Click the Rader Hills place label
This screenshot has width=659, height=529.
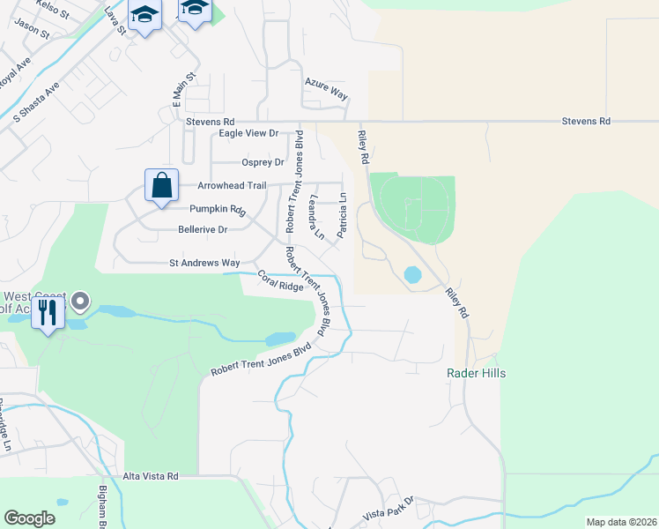coord(476,374)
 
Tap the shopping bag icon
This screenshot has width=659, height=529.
coord(161,186)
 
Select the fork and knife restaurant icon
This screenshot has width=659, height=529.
coord(48,312)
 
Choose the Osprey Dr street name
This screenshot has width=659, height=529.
coord(263,162)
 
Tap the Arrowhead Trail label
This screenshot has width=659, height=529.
coord(232,186)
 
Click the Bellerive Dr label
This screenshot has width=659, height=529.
coord(203,229)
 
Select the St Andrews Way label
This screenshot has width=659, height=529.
coord(204,263)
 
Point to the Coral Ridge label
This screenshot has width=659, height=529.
coord(280,281)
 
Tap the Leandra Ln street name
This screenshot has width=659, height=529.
coord(315,218)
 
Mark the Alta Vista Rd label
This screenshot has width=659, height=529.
coord(151,476)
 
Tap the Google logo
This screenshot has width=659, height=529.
coord(29,518)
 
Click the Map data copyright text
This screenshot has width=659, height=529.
coord(620,522)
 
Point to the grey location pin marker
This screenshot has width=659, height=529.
coord(80,302)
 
